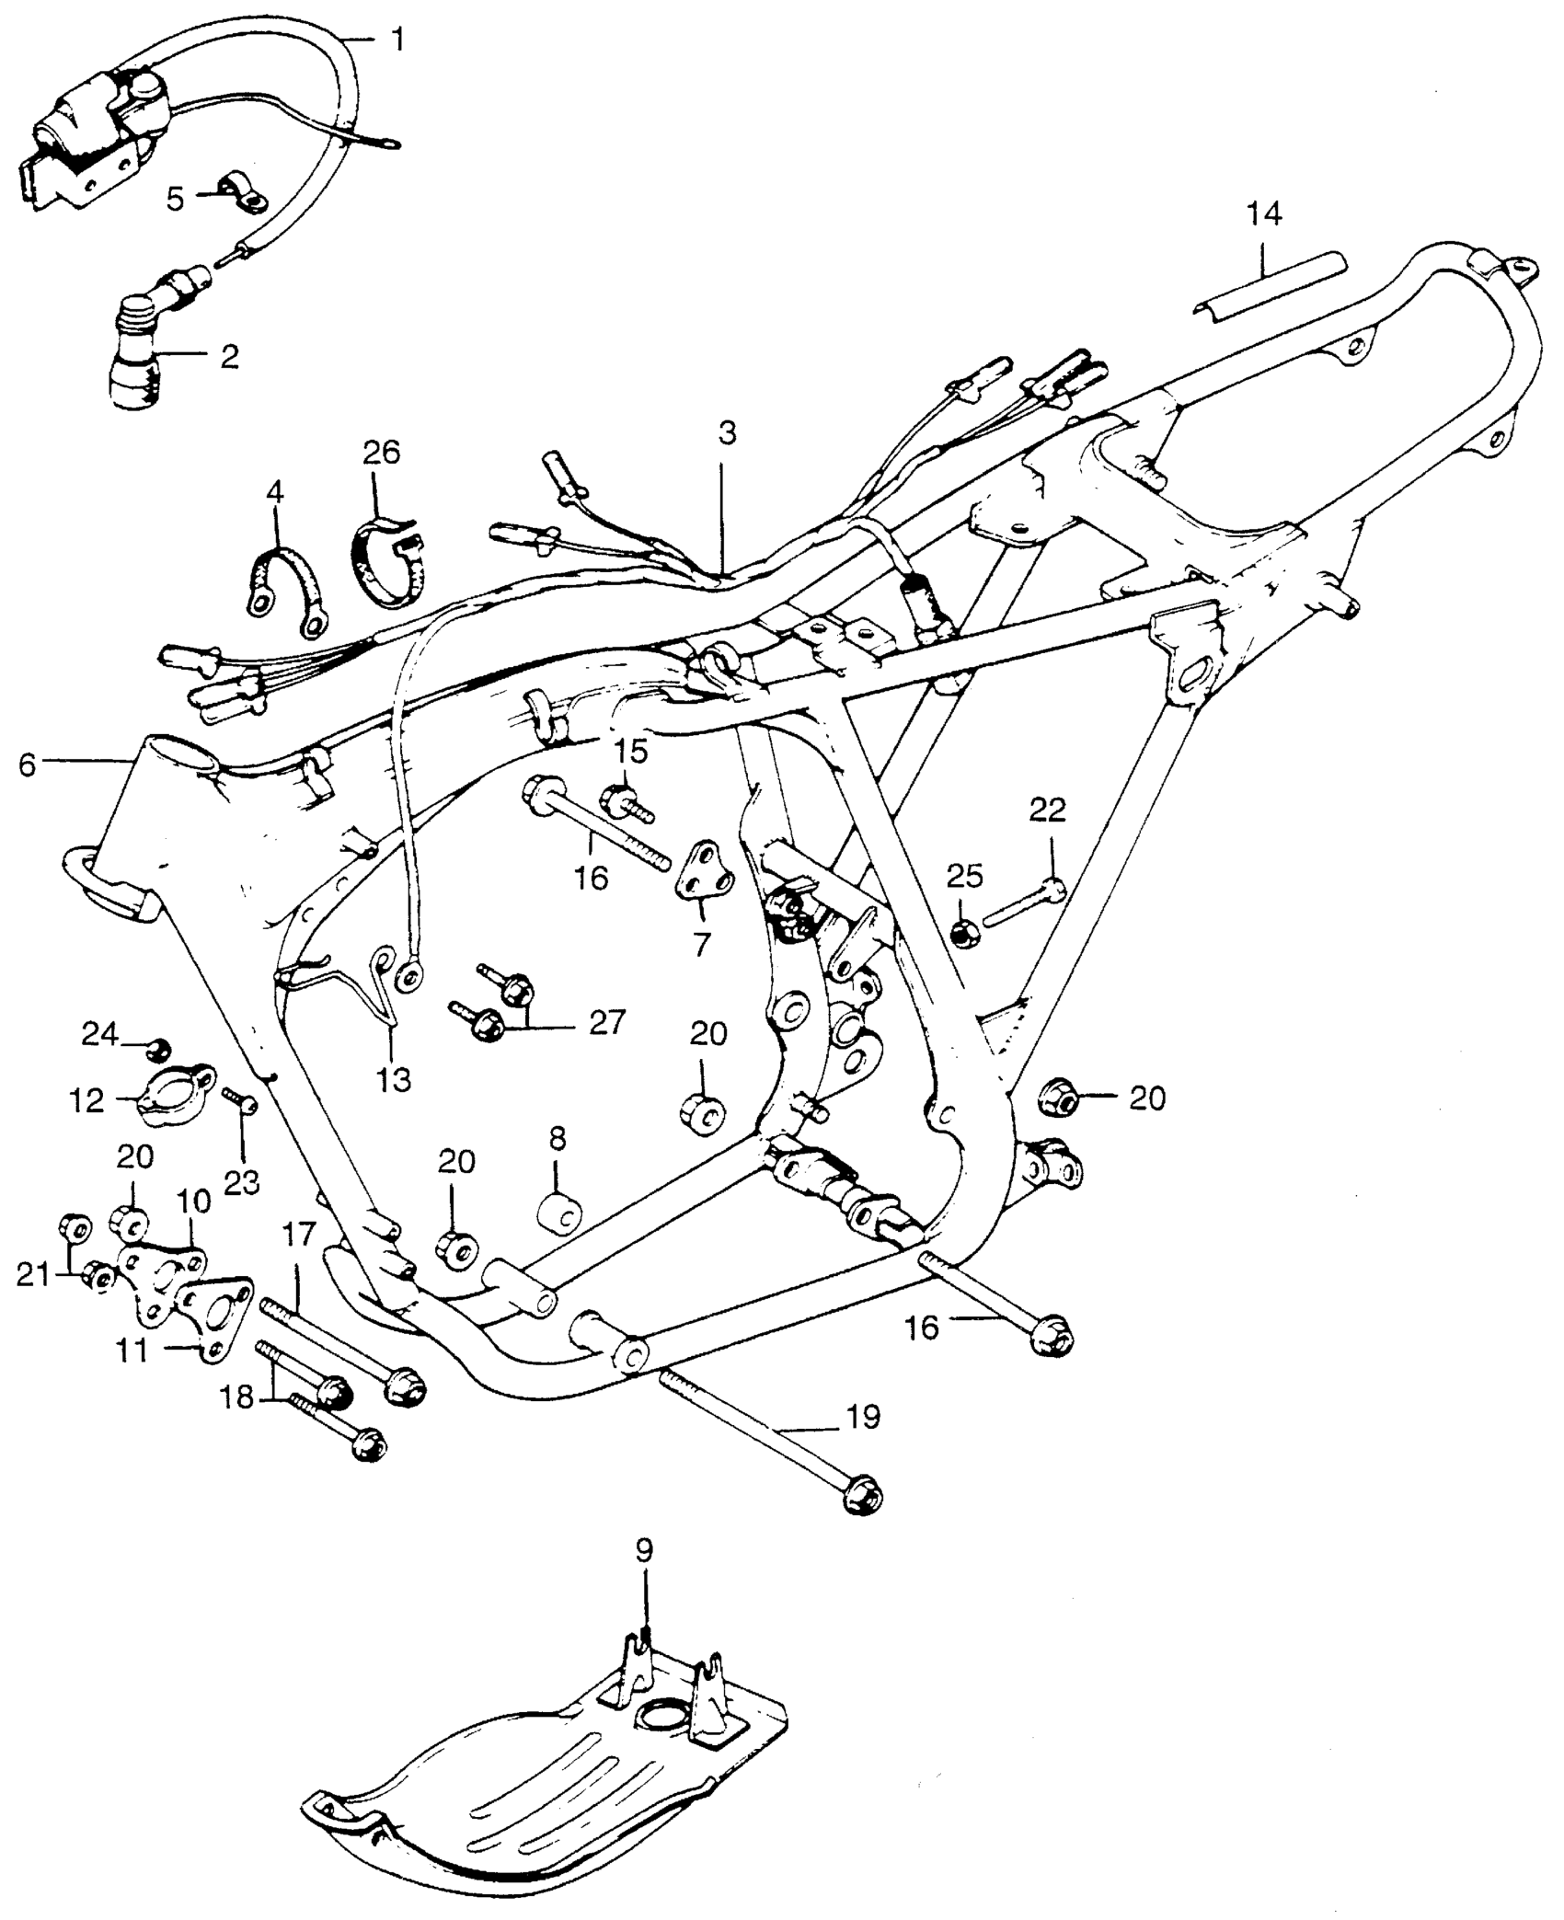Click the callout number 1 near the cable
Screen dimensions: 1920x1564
pos(397,41)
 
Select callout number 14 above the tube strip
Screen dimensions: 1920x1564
pos(1263,213)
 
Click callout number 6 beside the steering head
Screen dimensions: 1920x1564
pos(27,765)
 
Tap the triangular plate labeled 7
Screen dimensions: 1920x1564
pos(707,873)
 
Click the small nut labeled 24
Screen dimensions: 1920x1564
pos(157,1047)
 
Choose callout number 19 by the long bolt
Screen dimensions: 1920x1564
pos(862,1417)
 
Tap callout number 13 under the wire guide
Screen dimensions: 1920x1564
pos(393,1079)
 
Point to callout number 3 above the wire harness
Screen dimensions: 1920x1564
pos(727,433)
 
